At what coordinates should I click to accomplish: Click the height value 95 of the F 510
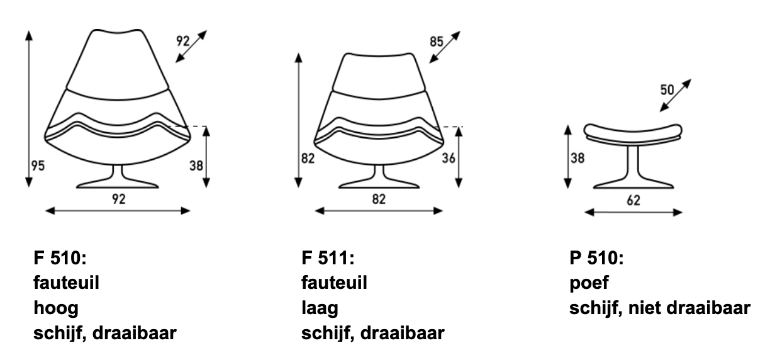(38, 166)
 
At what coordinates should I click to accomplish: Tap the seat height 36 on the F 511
(449, 158)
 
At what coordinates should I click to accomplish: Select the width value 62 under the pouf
(633, 200)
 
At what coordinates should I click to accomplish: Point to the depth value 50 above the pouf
(667, 90)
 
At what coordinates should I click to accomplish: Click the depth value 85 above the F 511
(436, 42)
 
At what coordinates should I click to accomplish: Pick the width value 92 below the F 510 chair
(119, 199)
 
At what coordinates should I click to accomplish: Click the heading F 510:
(60, 258)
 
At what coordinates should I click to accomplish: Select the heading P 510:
(596, 258)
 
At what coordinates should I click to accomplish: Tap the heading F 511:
(328, 258)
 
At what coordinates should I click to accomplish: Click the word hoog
(56, 308)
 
